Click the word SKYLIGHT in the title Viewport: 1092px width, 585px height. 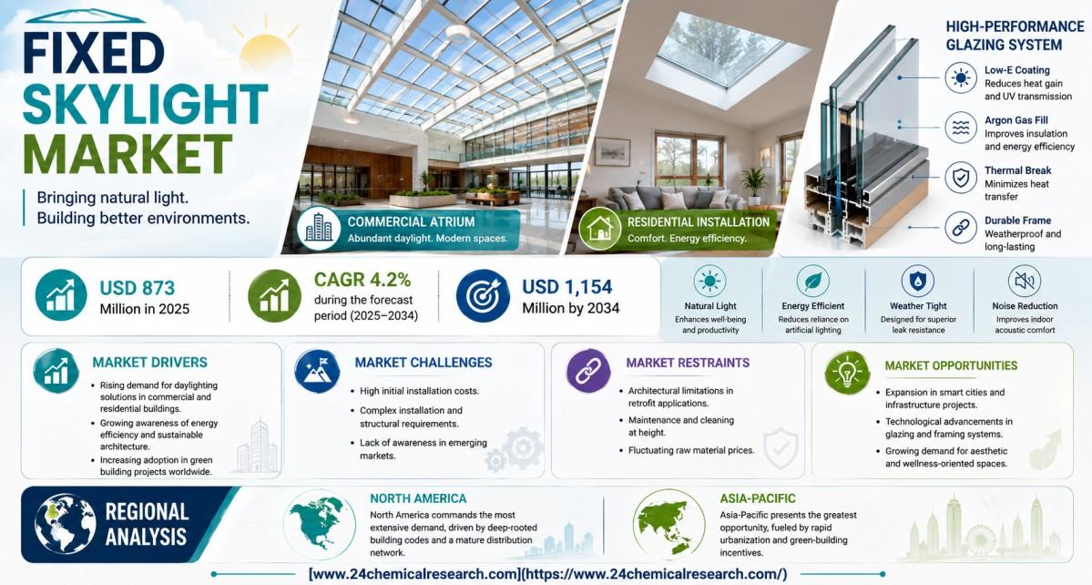(145, 105)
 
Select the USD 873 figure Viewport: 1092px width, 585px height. (138, 288)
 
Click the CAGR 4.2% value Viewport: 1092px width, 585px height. (362, 280)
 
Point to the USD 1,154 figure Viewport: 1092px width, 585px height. (567, 287)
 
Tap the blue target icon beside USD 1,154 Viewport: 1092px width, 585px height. (483, 295)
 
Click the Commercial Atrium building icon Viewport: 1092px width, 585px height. (318, 228)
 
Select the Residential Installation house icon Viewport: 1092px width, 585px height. (599, 229)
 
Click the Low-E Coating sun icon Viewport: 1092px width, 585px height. (961, 77)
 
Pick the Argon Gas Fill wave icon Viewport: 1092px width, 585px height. (961, 128)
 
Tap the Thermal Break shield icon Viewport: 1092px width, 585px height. (961, 178)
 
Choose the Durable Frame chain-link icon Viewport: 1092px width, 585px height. (961, 228)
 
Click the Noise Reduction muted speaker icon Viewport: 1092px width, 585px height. (1025, 282)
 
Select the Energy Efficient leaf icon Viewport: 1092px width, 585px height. (812, 282)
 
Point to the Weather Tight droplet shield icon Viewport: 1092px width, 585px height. (918, 282)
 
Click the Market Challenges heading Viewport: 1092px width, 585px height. (424, 363)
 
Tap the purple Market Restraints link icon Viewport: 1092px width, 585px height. (588, 371)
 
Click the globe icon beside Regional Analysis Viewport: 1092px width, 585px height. (66, 524)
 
